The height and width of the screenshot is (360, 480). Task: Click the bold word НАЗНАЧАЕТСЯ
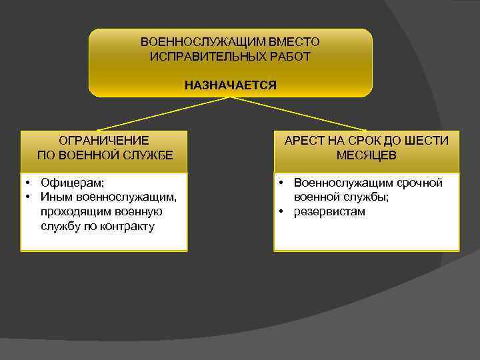[x=231, y=85]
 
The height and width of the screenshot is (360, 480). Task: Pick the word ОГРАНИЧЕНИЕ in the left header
[x=104, y=141]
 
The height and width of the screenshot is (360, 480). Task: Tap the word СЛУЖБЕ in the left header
[x=145, y=155]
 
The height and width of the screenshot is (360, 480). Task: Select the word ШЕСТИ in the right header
[x=427, y=141]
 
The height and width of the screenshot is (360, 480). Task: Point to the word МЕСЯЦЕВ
[x=366, y=155]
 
